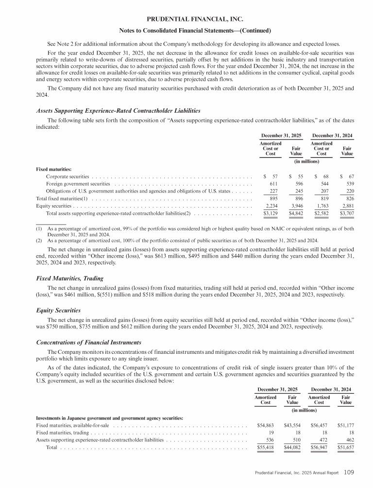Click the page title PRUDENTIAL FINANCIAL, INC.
(x=186, y=19)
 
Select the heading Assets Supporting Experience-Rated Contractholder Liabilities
(x=119, y=111)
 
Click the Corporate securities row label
(x=67, y=175)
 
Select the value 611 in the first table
(x=273, y=184)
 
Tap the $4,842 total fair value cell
(x=296, y=213)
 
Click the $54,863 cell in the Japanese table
(x=266, y=426)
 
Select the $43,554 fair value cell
(x=292, y=426)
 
